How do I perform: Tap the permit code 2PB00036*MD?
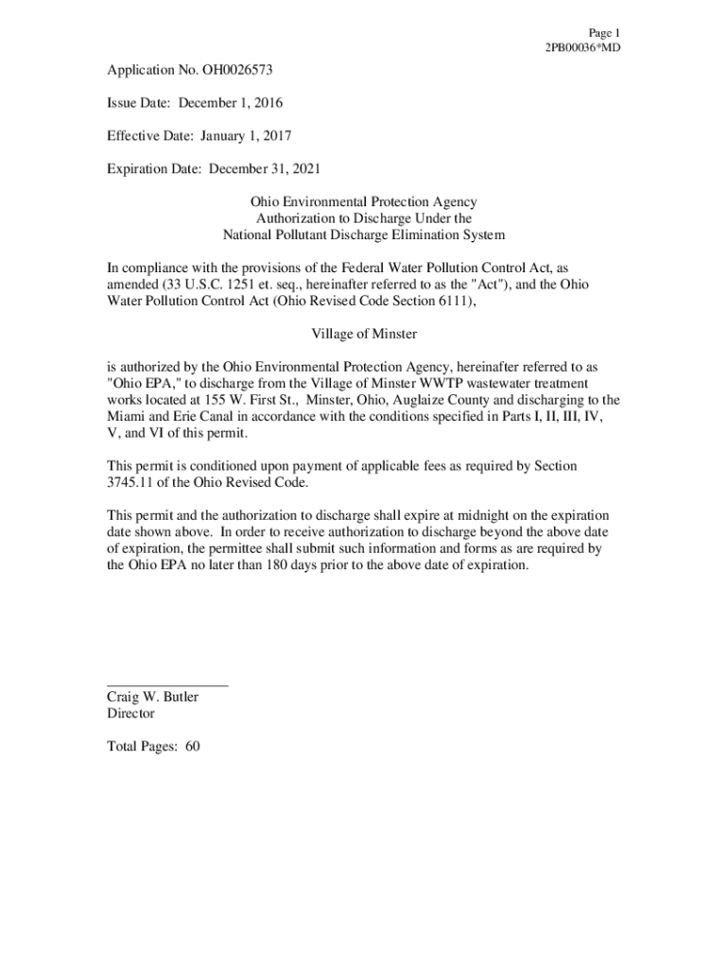click(x=583, y=47)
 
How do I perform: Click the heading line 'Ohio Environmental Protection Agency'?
click(x=363, y=202)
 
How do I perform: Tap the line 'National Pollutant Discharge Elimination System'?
click(x=363, y=234)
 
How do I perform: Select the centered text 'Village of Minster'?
click(x=364, y=334)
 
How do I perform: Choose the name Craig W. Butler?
click(x=153, y=698)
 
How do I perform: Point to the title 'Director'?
click(x=130, y=714)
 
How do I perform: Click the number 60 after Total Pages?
click(x=192, y=747)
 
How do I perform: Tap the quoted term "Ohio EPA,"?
click(x=143, y=383)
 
